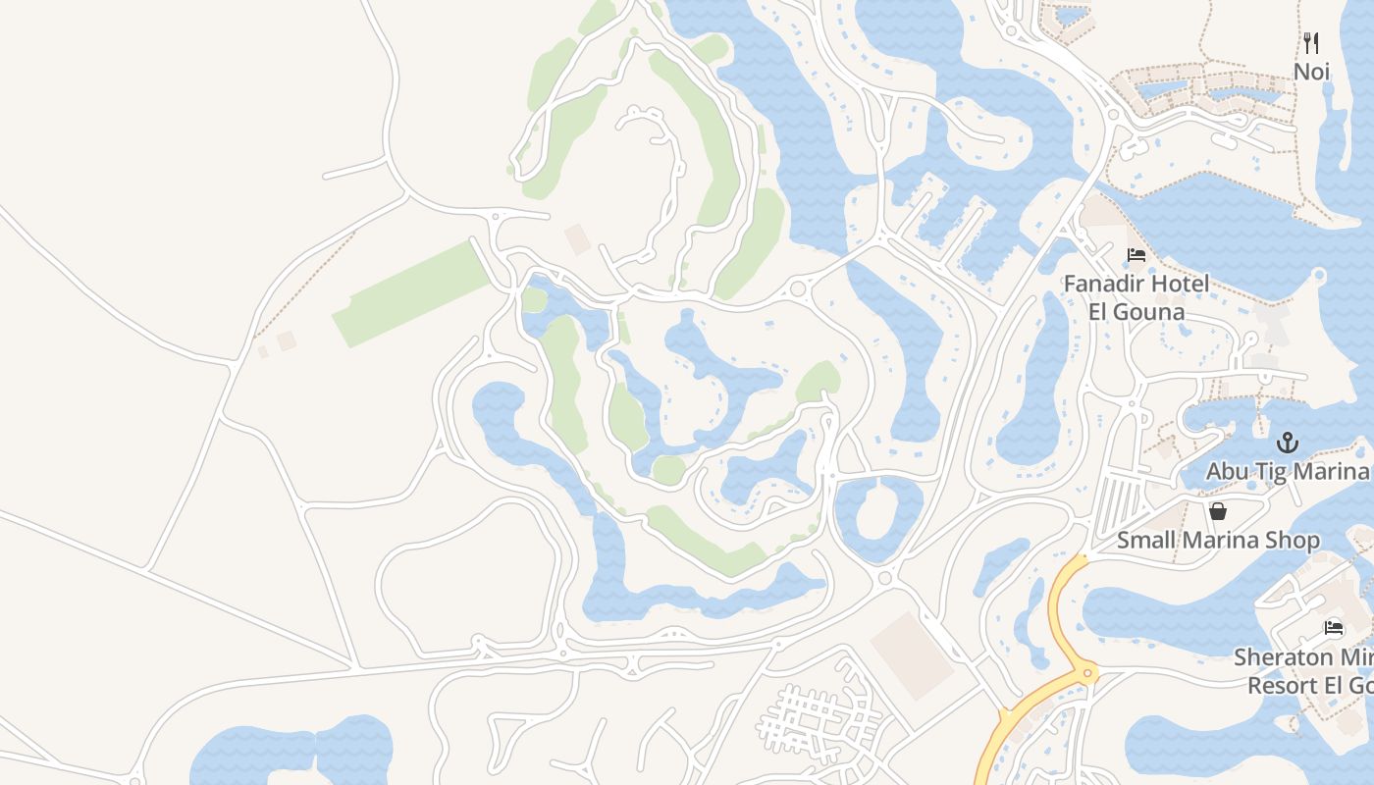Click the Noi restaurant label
click(x=1311, y=72)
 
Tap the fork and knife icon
click(x=1311, y=42)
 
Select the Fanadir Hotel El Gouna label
click(x=1136, y=297)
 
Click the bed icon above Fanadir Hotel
click(x=1136, y=255)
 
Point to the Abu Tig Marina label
click(x=1287, y=471)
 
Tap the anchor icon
click(x=1287, y=443)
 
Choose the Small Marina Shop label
click(x=1218, y=540)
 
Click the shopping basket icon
click(x=1218, y=511)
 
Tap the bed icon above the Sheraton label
click(x=1334, y=628)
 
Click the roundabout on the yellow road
click(x=1087, y=673)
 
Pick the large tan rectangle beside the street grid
click(x=912, y=654)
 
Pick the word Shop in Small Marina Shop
click(x=1294, y=540)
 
